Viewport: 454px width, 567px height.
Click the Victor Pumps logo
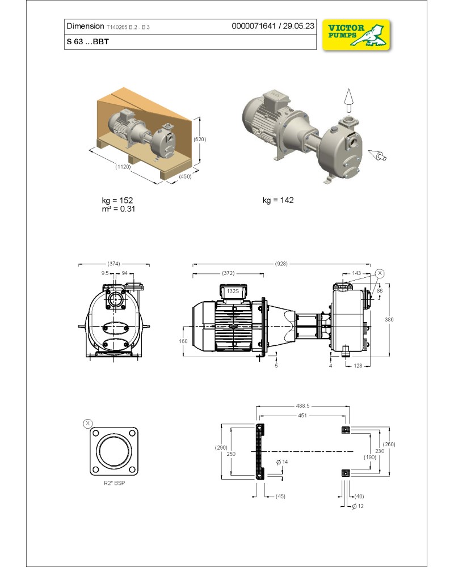(356, 35)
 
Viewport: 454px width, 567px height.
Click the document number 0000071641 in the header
(254, 26)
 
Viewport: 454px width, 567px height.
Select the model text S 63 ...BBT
(87, 41)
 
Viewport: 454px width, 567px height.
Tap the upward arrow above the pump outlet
(348, 101)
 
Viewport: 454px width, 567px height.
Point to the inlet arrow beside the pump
(377, 155)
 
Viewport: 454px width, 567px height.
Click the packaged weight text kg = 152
(117, 200)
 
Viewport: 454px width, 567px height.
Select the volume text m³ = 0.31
(119, 209)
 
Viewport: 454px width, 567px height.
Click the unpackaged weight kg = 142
(278, 200)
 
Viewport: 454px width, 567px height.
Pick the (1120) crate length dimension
(123, 167)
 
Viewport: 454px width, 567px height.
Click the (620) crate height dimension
(200, 139)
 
